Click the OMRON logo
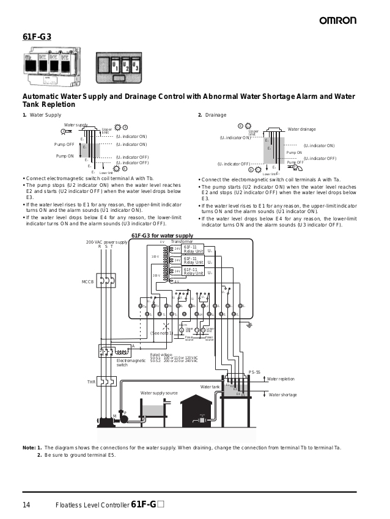click(x=337, y=21)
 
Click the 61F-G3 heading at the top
click(x=37, y=37)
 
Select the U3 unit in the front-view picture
click(x=135, y=65)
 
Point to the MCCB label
click(x=87, y=281)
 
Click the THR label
click(x=91, y=382)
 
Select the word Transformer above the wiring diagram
click(x=182, y=242)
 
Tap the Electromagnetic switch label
click(x=131, y=363)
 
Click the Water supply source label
click(x=159, y=393)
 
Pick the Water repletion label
click(x=281, y=379)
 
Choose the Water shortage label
click(x=282, y=395)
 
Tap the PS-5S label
click(x=254, y=372)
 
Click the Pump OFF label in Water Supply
click(x=64, y=145)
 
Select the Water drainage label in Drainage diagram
click(x=301, y=129)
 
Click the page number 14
click(x=27, y=504)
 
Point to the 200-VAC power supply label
click(x=107, y=242)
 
